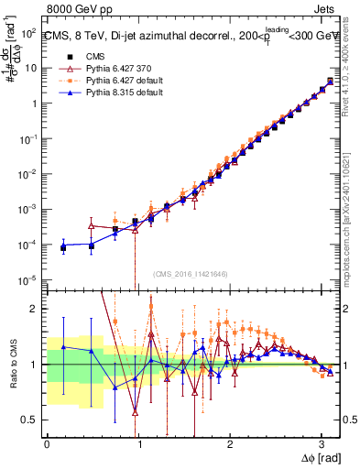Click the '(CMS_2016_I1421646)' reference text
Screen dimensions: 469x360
[x=191, y=274]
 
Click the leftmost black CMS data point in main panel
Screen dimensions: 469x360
[x=63, y=247]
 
